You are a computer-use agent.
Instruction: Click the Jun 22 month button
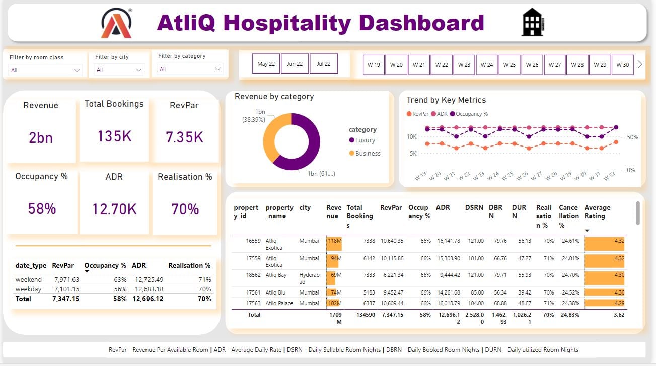[x=295, y=64]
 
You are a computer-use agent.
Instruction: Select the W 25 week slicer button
[x=509, y=65]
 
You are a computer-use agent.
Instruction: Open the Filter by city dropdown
[x=119, y=70]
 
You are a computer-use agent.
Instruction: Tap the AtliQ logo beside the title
[x=116, y=23]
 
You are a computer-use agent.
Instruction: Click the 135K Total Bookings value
[x=114, y=136]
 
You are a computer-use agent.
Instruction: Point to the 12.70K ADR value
[x=114, y=209]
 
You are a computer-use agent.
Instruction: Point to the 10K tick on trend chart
[x=411, y=137]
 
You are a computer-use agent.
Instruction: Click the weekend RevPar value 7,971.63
[x=66, y=279]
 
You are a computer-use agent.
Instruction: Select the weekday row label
[x=29, y=289]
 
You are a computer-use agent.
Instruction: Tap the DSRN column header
[x=474, y=207]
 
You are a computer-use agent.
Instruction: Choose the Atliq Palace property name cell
[x=278, y=303]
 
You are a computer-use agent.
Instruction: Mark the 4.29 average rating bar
[x=604, y=303]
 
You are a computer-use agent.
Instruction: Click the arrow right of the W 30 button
[x=640, y=64]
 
